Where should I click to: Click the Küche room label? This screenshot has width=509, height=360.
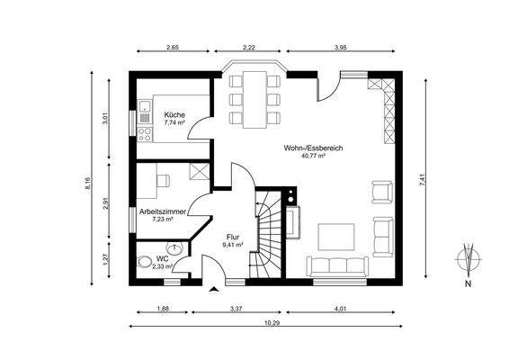tap(174, 114)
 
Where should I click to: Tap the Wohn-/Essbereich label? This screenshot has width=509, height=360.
tap(313, 148)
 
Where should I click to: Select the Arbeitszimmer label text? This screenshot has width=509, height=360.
tap(163, 211)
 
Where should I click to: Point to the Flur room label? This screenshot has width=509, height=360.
tap(233, 238)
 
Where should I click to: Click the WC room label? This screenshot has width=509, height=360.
tap(162, 258)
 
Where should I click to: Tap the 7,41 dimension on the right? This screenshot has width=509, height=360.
tap(422, 180)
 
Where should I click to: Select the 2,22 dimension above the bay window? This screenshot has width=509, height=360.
tap(249, 48)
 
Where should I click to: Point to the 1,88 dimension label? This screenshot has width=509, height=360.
tap(163, 309)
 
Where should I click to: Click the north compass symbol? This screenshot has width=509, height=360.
tap(469, 259)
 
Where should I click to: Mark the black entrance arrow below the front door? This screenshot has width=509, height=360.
tap(213, 290)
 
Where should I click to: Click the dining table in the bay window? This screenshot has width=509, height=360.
tap(255, 99)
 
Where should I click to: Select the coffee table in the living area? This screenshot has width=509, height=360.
tap(336, 237)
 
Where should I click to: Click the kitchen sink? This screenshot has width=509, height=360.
tap(145, 106)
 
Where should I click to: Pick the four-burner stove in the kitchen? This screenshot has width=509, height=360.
tap(145, 134)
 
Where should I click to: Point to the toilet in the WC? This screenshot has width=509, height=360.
tap(145, 262)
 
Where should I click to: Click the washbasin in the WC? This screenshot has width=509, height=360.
tap(175, 248)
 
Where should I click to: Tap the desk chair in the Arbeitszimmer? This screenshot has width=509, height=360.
tap(164, 181)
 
